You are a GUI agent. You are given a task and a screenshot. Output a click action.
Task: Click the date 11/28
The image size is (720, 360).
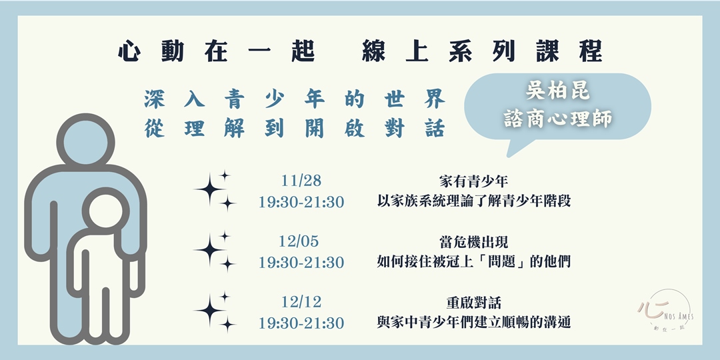(x=301, y=181)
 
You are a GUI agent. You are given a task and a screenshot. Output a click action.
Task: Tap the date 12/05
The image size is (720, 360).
(x=301, y=242)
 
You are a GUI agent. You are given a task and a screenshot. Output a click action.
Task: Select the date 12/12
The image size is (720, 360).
(x=301, y=303)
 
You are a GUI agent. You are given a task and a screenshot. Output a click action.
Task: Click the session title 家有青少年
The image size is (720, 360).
(x=473, y=181)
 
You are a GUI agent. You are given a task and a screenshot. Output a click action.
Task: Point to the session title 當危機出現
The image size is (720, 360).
(x=473, y=241)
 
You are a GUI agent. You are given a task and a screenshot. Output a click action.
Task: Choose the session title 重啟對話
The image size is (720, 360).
(x=473, y=302)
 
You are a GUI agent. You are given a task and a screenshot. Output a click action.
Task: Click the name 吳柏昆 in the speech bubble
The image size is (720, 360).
(x=557, y=91)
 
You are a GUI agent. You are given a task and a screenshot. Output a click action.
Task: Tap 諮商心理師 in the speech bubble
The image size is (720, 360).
(x=557, y=119)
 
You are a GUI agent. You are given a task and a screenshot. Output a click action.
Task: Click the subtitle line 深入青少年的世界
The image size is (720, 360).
(x=294, y=100)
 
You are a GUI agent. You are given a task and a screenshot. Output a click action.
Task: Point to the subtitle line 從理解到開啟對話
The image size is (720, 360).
(x=294, y=129)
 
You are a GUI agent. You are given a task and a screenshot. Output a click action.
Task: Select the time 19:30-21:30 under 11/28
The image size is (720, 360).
(x=301, y=202)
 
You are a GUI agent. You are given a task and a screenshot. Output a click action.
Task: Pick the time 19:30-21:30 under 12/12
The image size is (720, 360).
(x=301, y=323)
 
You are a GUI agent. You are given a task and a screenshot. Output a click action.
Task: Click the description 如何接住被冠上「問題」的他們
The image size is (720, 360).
(x=473, y=262)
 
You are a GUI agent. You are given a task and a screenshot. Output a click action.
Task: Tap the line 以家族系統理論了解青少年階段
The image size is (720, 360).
(x=473, y=201)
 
